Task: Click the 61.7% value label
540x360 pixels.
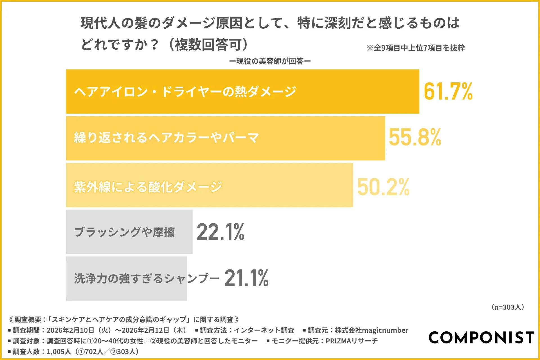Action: [448, 91]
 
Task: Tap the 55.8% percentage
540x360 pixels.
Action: [415, 137]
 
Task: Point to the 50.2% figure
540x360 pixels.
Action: [383, 187]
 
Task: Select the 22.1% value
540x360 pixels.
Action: [220, 232]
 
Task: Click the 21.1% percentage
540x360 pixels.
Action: [246, 278]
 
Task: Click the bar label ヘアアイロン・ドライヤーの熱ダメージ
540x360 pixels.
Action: [185, 92]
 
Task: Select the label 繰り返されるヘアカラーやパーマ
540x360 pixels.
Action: [166, 138]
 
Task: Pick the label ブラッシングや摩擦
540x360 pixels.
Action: [125, 232]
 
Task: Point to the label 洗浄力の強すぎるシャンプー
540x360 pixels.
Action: [147, 278]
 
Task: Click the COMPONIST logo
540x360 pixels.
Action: [481, 337]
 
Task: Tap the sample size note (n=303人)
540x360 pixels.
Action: [508, 307]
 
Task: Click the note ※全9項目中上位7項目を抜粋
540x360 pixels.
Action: [416, 48]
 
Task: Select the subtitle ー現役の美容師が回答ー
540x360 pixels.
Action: [270, 61]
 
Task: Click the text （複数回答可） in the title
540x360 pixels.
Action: [208, 44]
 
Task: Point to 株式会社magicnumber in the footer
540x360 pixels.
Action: [372, 330]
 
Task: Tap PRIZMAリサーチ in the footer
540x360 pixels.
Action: [352, 341]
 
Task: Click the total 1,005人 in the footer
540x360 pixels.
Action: [59, 352]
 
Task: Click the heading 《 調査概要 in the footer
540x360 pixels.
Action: [25, 319]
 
